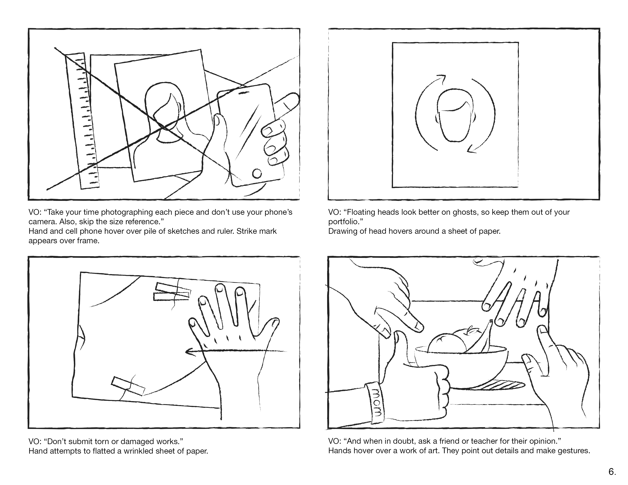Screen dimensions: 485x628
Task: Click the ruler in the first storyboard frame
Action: (x=82, y=121)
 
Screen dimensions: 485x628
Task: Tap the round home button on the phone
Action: (x=257, y=173)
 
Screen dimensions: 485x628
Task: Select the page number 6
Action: (x=612, y=471)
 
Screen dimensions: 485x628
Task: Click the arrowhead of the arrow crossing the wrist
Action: (x=188, y=351)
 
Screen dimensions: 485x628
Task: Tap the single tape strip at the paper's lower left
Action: (x=128, y=386)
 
